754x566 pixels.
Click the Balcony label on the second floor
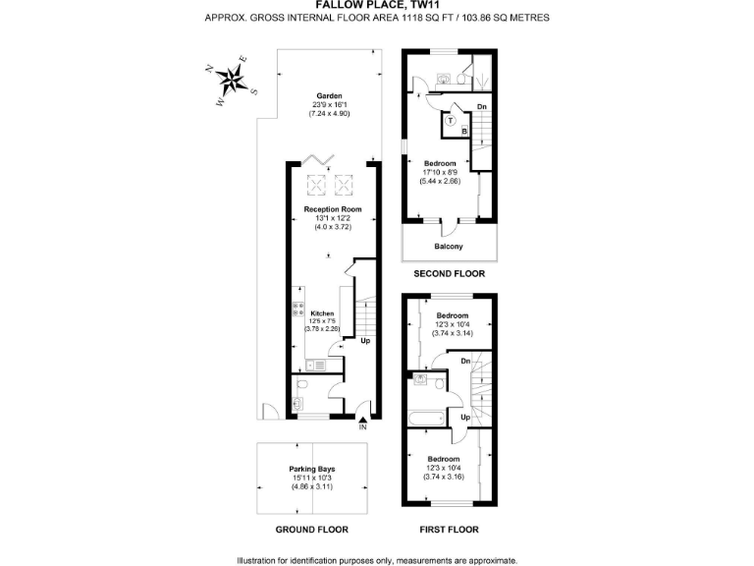(448, 247)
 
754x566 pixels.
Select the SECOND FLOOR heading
(448, 274)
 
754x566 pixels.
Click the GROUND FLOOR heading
(312, 530)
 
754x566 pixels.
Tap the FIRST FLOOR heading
(449, 530)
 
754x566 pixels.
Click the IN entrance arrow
(362, 420)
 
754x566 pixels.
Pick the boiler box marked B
(464, 130)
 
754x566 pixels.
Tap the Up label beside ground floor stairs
(364, 342)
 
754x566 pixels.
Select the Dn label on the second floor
(481, 106)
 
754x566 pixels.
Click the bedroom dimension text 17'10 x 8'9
(440, 173)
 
